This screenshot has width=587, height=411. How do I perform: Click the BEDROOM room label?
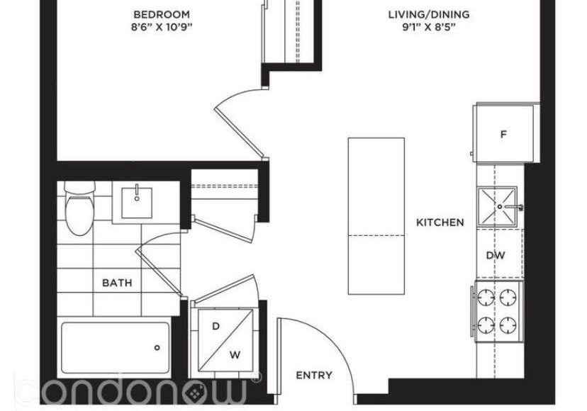pos(162,15)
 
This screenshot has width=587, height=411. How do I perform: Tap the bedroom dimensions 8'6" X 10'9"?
pos(162,27)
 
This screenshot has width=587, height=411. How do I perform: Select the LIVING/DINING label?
pos(429,15)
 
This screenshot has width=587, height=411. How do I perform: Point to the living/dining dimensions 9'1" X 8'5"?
pos(429,27)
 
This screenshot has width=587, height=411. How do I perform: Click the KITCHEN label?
pos(440,223)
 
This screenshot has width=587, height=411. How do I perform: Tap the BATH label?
pos(117,283)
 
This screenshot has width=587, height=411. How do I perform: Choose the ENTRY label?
pos(314,375)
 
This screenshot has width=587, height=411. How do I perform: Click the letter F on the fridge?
pos(503,134)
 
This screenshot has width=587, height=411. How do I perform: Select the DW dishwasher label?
pos(496,255)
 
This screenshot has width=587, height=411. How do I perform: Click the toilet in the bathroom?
pos(79,208)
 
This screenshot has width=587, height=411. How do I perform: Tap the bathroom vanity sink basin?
pos(137,203)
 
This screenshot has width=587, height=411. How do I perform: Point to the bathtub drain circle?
pos(157,348)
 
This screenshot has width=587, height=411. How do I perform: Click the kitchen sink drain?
pos(500,207)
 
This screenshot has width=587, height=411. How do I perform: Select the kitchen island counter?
pos(376,216)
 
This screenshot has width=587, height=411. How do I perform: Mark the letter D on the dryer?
pos(216,327)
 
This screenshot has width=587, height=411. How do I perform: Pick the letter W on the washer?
pos(235,355)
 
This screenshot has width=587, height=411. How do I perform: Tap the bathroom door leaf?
pos(159,273)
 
